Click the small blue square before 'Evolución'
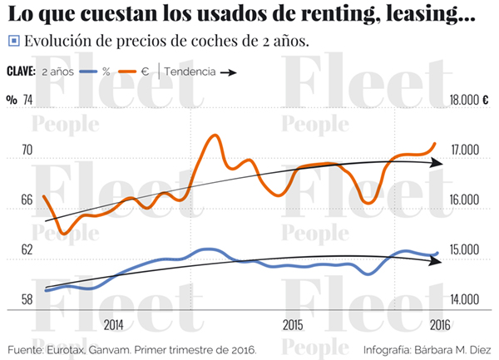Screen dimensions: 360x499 pyautogui.click(x=13, y=41)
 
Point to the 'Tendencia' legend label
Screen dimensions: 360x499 pyautogui.click(x=190, y=72)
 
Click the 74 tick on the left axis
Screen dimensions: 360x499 pyautogui.click(x=27, y=100)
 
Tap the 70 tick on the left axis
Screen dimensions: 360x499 pyautogui.click(x=27, y=150)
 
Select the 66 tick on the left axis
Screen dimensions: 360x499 pyautogui.click(x=27, y=200)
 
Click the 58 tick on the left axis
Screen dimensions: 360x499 pyautogui.click(x=27, y=299)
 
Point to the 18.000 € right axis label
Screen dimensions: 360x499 pyautogui.click(x=468, y=100)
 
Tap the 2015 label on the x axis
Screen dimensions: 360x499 pyautogui.click(x=293, y=324)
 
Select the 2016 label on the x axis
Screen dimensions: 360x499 pyautogui.click(x=440, y=324)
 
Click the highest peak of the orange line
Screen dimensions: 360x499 pyautogui.click(x=215, y=135)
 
